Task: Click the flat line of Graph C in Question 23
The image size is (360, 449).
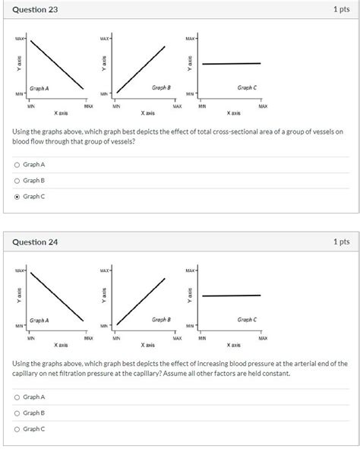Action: click(x=232, y=64)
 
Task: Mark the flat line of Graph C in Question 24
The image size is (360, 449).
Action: click(x=232, y=296)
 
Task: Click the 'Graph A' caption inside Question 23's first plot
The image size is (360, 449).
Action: click(x=39, y=88)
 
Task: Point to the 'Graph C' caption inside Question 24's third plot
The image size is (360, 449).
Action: click(x=247, y=320)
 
